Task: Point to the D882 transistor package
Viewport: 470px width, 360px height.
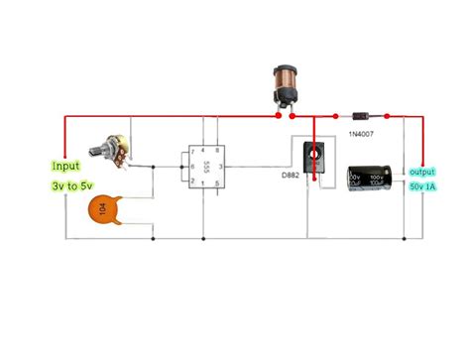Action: [314, 162]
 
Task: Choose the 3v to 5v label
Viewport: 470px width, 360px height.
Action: [70, 185]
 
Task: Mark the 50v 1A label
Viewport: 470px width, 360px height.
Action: [421, 187]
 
